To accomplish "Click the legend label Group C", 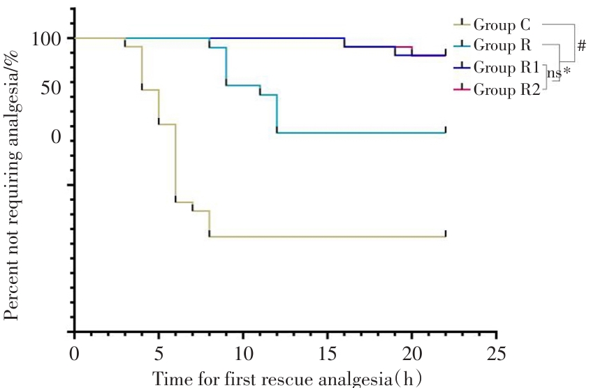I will tap(502, 25).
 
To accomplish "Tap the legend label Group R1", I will tap(506, 68).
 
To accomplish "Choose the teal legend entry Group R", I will tap(502, 46).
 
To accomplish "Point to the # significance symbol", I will tap(582, 46).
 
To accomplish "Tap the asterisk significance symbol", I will tap(567, 71).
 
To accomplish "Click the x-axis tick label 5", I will tap(159, 351).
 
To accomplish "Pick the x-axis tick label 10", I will tap(243, 351).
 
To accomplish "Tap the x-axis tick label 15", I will tap(328, 351).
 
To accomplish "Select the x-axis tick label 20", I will tap(412, 351).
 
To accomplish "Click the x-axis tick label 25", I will tap(497, 351).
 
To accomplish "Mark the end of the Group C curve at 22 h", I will tap(445, 237).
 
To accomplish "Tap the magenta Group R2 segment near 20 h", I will tap(404, 47).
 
